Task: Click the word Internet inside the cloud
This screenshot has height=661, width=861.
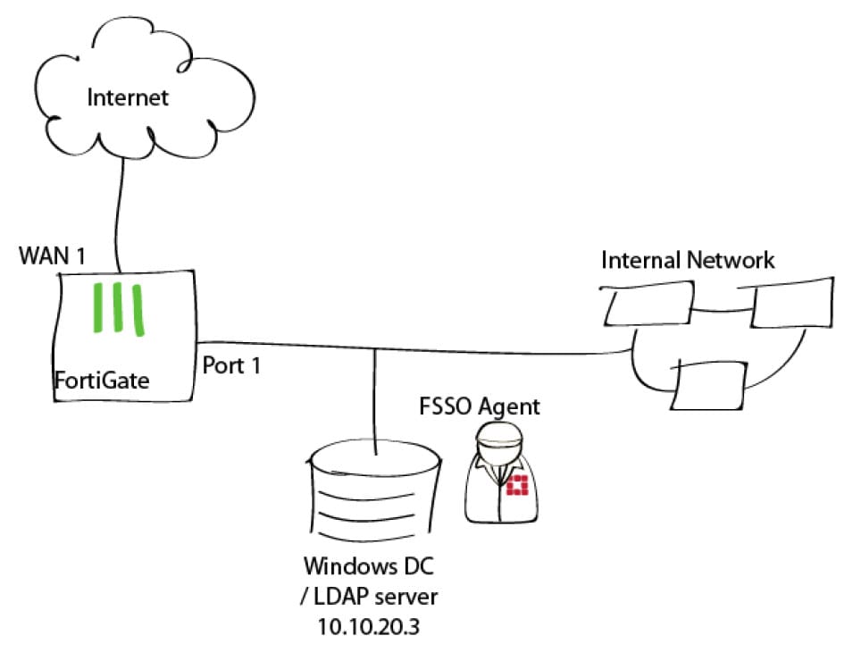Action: [127, 97]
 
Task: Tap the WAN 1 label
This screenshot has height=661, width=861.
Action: [53, 257]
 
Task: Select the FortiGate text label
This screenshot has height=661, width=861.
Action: [99, 381]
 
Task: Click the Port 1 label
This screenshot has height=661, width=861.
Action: [231, 365]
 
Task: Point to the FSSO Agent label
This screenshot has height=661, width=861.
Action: [480, 407]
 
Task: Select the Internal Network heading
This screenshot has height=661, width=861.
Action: [688, 260]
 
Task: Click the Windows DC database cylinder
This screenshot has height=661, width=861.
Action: [373, 496]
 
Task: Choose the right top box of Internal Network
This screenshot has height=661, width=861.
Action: [792, 302]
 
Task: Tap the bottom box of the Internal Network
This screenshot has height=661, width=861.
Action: [711, 384]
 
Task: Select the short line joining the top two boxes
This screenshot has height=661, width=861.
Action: [722, 312]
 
